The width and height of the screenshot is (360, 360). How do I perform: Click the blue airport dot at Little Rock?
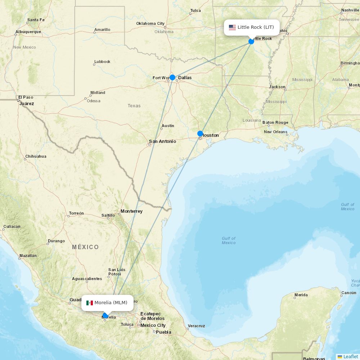(251, 41)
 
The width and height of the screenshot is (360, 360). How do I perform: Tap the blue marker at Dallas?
(172, 77)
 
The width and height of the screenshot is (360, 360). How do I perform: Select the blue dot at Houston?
(200, 134)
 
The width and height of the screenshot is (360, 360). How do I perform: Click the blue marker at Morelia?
(105, 316)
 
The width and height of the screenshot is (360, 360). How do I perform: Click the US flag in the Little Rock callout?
(232, 27)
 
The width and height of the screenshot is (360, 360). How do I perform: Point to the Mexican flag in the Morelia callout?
(90, 303)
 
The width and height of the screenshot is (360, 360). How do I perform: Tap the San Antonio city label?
(162, 141)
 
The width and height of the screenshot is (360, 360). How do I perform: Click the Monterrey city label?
(131, 211)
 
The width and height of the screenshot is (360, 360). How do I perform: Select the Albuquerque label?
(28, 32)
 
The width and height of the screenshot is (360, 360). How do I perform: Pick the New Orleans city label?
(275, 132)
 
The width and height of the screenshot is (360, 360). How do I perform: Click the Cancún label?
(348, 293)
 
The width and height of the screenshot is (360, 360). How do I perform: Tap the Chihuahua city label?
(36, 157)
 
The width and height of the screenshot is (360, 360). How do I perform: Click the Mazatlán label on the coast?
(28, 256)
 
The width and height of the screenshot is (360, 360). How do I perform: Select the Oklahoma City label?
(150, 24)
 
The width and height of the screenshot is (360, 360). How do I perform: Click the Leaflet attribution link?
(350, 356)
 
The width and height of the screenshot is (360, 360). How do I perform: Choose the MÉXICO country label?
(85, 247)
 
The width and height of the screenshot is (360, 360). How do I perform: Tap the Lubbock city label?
(102, 62)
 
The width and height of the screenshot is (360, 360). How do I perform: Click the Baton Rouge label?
(275, 122)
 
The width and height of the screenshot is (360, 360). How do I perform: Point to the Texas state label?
(134, 106)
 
